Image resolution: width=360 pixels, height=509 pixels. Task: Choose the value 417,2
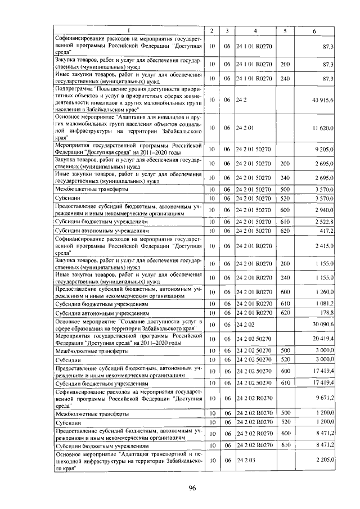[x=327, y=231]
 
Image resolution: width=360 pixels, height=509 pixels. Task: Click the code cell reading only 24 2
[x=240, y=100]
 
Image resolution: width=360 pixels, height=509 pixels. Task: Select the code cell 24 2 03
[x=246, y=460]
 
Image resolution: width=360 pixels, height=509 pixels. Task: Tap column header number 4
[x=255, y=30]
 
